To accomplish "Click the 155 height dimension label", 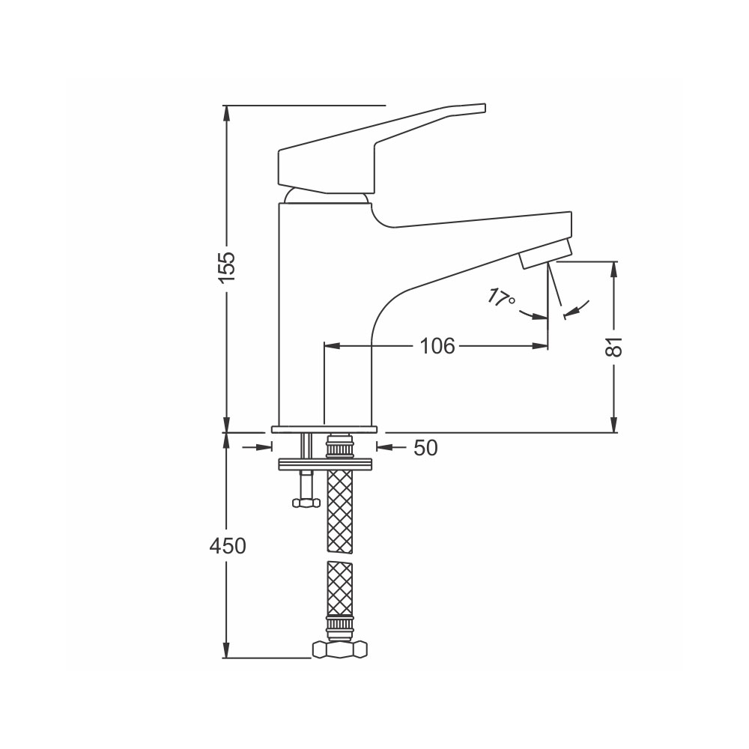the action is [x=228, y=267].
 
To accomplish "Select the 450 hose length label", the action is [x=228, y=545].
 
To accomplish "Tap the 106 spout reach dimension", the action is [x=437, y=346].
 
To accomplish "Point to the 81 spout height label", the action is [x=614, y=346].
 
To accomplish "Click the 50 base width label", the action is [x=425, y=448].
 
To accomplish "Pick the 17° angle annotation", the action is [x=501, y=299].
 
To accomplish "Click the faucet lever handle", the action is [x=382, y=148].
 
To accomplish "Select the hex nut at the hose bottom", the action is [x=340, y=650].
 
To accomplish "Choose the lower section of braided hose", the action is [x=340, y=589].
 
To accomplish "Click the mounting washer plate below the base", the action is [x=325, y=464].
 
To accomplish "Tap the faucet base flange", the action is [x=324, y=429].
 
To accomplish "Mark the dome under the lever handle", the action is [x=327, y=195].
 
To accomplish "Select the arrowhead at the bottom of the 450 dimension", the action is [x=228, y=650].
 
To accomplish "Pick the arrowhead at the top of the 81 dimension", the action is [x=614, y=270].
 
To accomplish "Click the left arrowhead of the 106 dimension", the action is [x=333, y=345].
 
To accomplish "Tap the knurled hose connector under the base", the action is [x=340, y=446].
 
